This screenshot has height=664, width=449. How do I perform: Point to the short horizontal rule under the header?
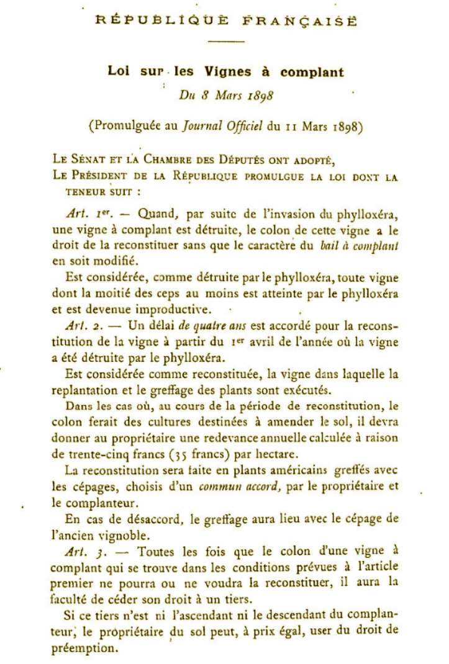pyautogui.click(x=225, y=42)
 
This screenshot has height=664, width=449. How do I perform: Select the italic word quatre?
pyautogui.click(x=215, y=325)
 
